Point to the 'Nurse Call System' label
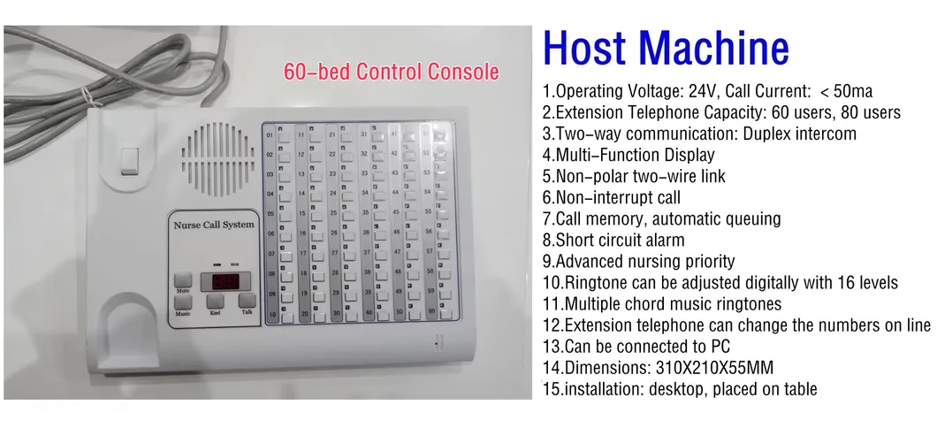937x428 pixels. point(214,225)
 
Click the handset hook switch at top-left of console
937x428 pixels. point(130,160)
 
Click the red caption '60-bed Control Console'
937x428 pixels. point(391,72)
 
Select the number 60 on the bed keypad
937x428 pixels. point(432,311)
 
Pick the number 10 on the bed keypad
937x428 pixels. point(270,315)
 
